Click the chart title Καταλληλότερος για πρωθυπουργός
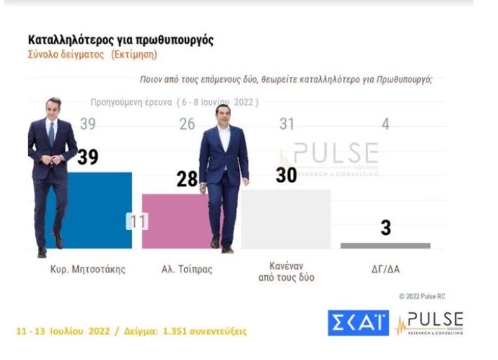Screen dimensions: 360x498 click(x=120, y=40)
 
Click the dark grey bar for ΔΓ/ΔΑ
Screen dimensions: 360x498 click(x=385, y=246)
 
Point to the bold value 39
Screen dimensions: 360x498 click(x=87, y=157)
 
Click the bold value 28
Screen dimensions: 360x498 click(x=187, y=180)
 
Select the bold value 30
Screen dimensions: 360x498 click(x=286, y=175)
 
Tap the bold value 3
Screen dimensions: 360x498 click(x=386, y=228)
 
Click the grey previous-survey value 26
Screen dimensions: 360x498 click(x=186, y=124)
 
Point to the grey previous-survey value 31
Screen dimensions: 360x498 click(x=286, y=124)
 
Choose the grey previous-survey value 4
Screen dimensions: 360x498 click(x=386, y=124)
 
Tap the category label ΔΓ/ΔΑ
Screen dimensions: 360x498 click(x=386, y=269)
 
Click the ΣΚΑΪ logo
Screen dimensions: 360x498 click(x=358, y=322)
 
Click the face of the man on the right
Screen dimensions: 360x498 click(x=223, y=115)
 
